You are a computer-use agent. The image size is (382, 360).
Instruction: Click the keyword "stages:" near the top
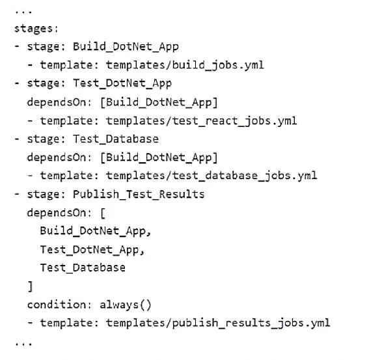pyautogui.click(x=36, y=29)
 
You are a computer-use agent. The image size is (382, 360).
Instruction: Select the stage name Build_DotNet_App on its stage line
pyautogui.click(x=126, y=47)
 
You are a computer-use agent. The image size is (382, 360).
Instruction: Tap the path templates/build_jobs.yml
pyautogui.click(x=185, y=65)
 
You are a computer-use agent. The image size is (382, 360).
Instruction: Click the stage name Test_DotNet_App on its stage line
pyautogui.click(x=122, y=83)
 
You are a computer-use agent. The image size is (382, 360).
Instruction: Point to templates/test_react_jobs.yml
pyautogui.click(x=202, y=120)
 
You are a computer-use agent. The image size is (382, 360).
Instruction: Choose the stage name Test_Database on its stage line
pyautogui.click(x=116, y=139)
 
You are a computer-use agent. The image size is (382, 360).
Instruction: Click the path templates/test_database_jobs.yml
pyautogui.click(x=211, y=176)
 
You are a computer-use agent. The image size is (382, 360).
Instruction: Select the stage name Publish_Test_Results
pyautogui.click(x=139, y=194)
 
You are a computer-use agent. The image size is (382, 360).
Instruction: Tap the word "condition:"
pyautogui.click(x=59, y=305)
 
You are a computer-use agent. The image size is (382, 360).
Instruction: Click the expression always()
pyautogui.click(x=126, y=305)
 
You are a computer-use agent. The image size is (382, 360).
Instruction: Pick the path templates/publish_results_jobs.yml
pyautogui.click(x=218, y=323)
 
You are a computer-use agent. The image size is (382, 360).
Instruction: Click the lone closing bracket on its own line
pyautogui.click(x=30, y=286)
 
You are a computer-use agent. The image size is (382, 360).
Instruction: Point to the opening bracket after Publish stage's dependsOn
pyautogui.click(x=103, y=213)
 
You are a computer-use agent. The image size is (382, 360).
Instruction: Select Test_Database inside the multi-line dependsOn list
pyautogui.click(x=83, y=268)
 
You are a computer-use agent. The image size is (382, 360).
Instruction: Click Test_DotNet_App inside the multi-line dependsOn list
pyautogui.click(x=92, y=249)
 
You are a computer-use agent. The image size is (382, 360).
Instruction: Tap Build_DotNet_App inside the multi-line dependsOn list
pyautogui.click(x=96, y=231)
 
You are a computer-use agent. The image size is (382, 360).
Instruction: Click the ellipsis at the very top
pyautogui.click(x=23, y=12)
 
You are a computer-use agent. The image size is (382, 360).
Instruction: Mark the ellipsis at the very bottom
pyautogui.click(x=23, y=344)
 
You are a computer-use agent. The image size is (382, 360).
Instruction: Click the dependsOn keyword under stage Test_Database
pyautogui.click(x=59, y=158)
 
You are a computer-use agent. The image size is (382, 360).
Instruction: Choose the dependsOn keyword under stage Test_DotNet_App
pyautogui.click(x=59, y=102)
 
